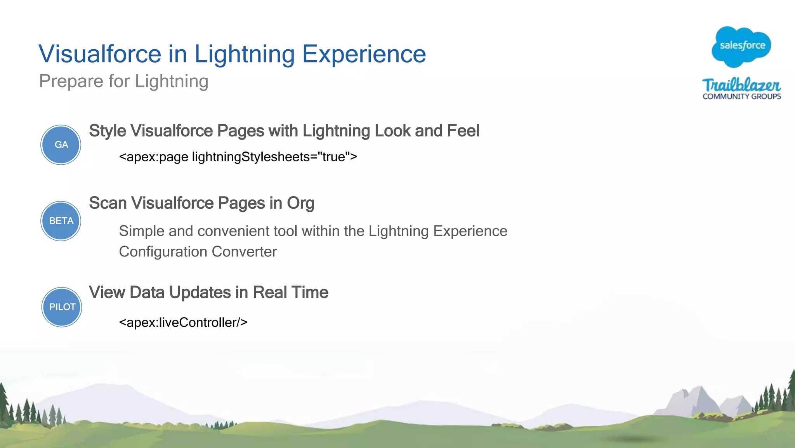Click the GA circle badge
tap(61, 145)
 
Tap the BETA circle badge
tap(61, 221)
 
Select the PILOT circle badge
tap(62, 307)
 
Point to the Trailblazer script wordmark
tap(741, 85)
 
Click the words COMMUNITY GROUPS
tap(741, 96)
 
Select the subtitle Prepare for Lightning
tap(123, 81)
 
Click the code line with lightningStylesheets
tap(238, 157)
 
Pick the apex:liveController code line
tap(183, 322)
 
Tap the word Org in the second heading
tap(300, 203)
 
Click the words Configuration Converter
tap(198, 252)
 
